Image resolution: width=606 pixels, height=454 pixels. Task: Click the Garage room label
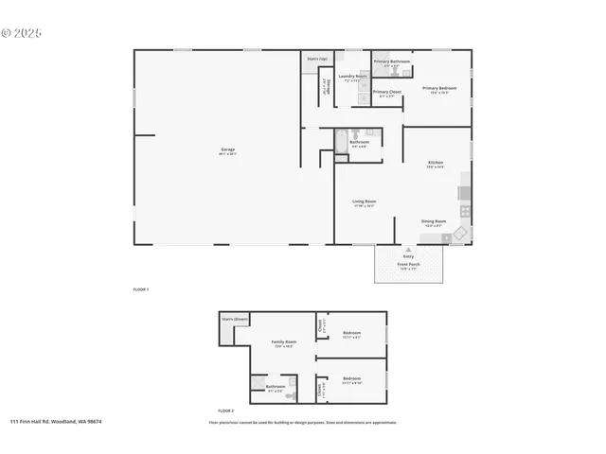[228, 150]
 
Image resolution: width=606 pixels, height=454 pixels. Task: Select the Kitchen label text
[435, 163]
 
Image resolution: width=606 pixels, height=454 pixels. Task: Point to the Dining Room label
[434, 222]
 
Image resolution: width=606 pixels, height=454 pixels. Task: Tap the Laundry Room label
[352, 77]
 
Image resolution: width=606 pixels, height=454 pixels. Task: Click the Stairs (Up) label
[317, 59]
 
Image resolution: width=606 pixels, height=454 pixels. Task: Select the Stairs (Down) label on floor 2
[234, 320]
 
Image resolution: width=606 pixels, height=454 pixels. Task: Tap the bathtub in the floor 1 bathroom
[342, 142]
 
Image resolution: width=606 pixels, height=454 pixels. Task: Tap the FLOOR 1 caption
[140, 288]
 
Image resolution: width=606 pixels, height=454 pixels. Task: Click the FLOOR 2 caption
[225, 410]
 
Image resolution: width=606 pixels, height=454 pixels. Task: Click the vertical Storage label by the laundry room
[325, 85]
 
